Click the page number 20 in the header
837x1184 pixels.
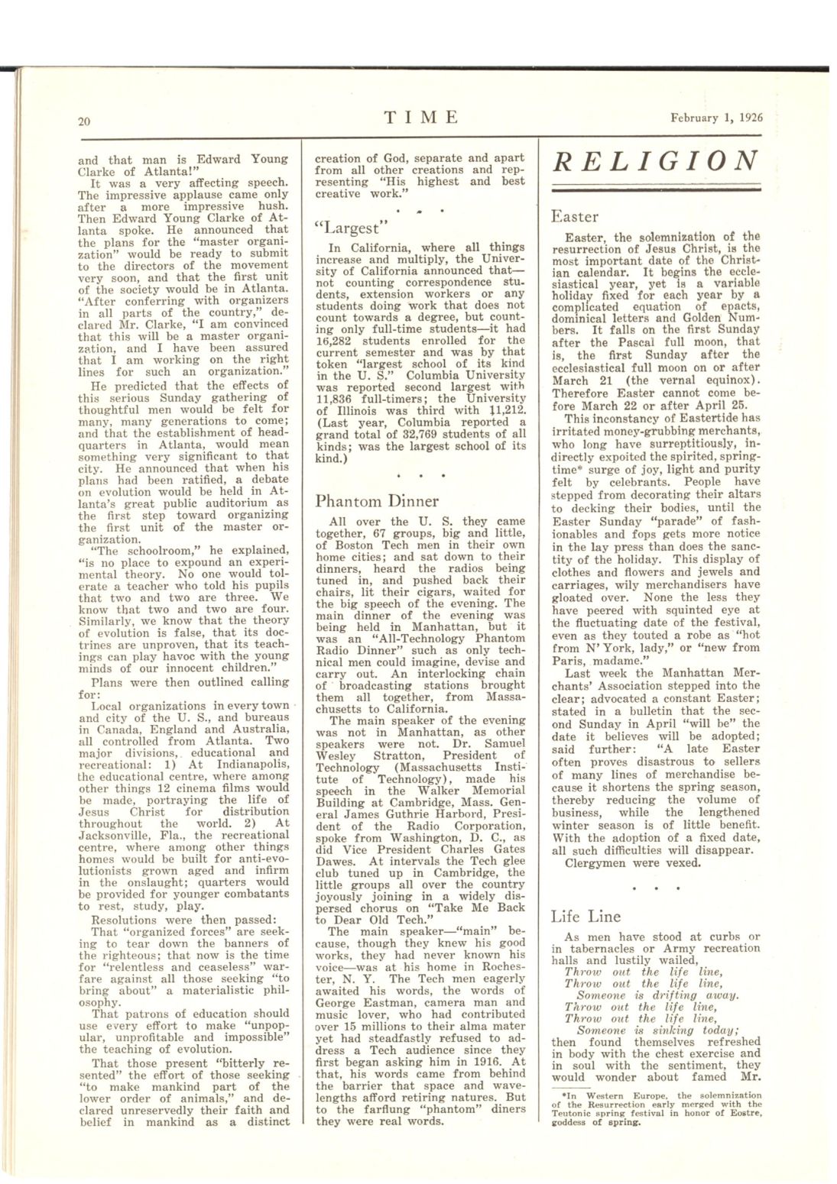[85, 120]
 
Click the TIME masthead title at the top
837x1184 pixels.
[421, 117]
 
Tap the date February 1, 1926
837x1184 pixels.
[716, 118]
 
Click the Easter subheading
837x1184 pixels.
[574, 217]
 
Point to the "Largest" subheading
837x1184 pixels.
[347, 228]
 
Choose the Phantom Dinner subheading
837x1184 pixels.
[377, 501]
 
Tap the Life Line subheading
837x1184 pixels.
[586, 916]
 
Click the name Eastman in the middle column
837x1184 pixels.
[392, 1002]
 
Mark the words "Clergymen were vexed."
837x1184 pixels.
[632, 863]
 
